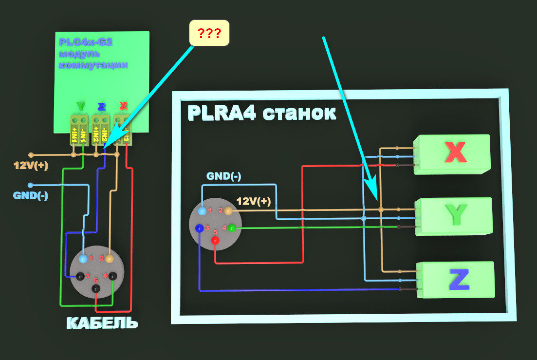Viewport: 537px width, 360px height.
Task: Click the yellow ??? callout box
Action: pyautogui.click(x=209, y=34)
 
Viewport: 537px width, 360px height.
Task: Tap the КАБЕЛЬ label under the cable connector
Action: pyautogui.click(x=102, y=323)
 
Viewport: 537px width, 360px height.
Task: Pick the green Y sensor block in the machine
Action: pyautogui.click(x=455, y=216)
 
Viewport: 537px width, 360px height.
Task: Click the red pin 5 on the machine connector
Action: pyautogui.click(x=216, y=241)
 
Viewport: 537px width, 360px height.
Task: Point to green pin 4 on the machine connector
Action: pyautogui.click(x=231, y=227)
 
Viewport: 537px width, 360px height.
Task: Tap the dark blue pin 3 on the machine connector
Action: pyautogui.click(x=199, y=227)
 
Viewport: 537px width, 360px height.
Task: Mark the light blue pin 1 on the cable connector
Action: pyautogui.click(x=83, y=258)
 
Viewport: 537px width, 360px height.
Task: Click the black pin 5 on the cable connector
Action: pyautogui.click(x=96, y=289)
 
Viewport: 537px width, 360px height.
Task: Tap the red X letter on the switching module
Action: pyautogui.click(x=124, y=106)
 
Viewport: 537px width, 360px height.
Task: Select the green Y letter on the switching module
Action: pyautogui.click(x=80, y=106)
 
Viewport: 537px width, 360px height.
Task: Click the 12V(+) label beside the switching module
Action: pyautogui.click(x=31, y=166)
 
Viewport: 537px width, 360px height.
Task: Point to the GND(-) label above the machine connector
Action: pyautogui.click(x=223, y=176)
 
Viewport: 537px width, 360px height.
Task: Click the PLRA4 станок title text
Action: pyautogui.click(x=261, y=113)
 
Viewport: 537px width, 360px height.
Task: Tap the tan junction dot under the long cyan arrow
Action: pyautogui.click(x=381, y=209)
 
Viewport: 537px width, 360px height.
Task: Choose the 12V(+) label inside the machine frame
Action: pyautogui.click(x=253, y=201)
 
